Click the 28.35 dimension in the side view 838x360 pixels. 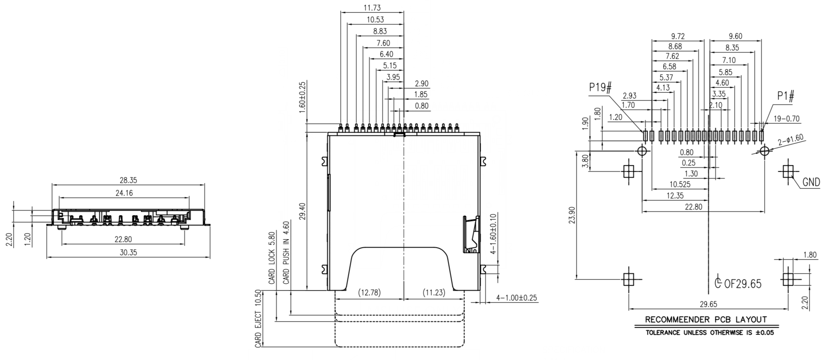pyautogui.click(x=128, y=180)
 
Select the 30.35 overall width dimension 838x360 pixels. pyautogui.click(x=128, y=253)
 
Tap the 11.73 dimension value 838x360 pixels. pyautogui.click(x=372, y=8)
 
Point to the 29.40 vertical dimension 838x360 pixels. pyautogui.click(x=302, y=211)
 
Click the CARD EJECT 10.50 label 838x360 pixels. pyautogui.click(x=258, y=319)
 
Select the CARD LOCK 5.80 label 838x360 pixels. pyautogui.click(x=272, y=258)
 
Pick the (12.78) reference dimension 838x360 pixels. pyautogui.click(x=369, y=293)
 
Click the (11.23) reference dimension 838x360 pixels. pyautogui.click(x=434, y=293)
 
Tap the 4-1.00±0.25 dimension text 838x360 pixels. pyautogui.click(x=516, y=298)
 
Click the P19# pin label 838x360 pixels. pyautogui.click(x=600, y=87)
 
